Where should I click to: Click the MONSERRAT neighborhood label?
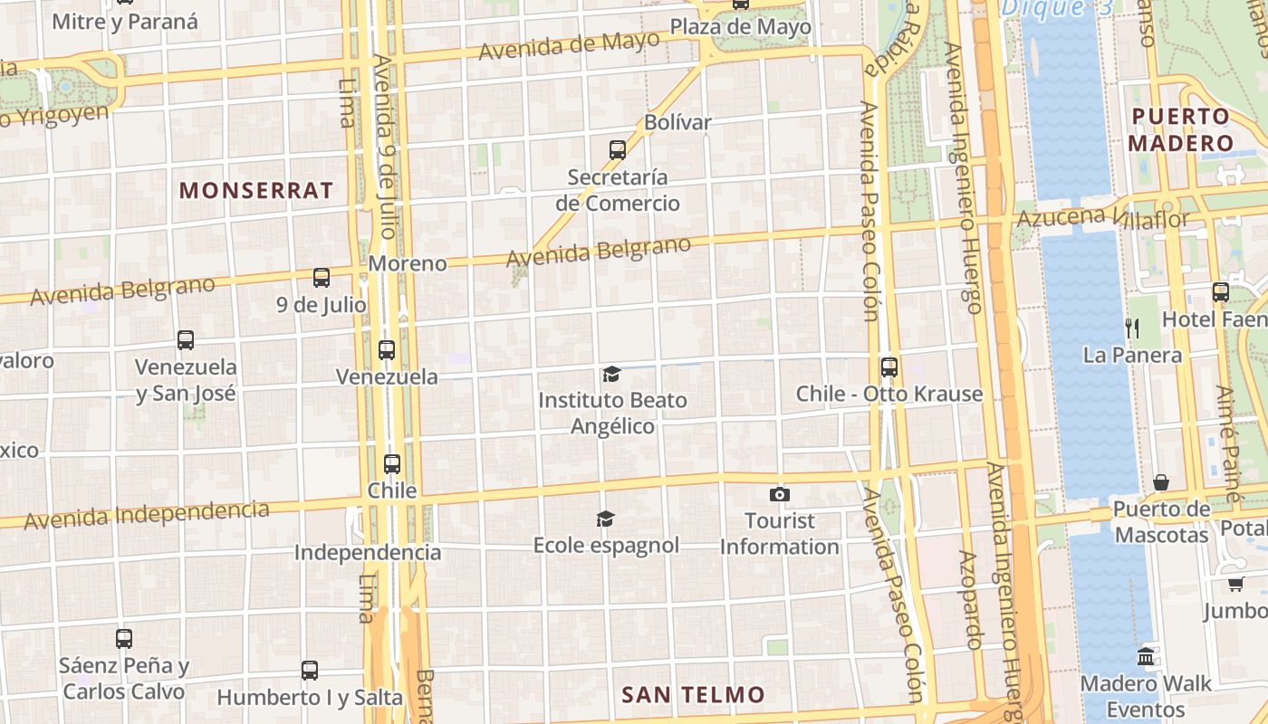click(256, 191)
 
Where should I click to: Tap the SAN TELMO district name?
click(693, 695)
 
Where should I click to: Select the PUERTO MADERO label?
click(1180, 129)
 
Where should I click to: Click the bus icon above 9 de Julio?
click(322, 278)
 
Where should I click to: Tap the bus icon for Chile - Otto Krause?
click(889, 367)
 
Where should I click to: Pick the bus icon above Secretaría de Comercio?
click(618, 149)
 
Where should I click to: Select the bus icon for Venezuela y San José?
click(186, 340)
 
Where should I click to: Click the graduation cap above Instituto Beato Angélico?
click(612, 374)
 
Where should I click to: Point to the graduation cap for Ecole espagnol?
click(606, 519)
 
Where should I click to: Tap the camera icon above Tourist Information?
click(779, 494)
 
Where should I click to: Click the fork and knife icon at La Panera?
click(1131, 328)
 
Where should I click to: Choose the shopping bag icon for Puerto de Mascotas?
click(1161, 482)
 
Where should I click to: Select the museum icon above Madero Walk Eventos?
click(1146, 656)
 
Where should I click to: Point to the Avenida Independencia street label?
click(147, 515)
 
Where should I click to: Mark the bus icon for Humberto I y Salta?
click(310, 671)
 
